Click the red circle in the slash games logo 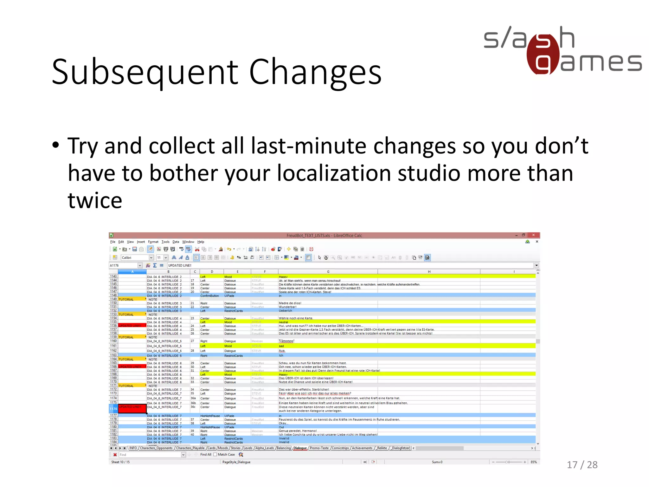[543, 55]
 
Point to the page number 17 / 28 [582, 465]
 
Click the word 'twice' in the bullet [95, 200]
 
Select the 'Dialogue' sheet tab [300, 448]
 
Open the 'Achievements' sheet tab [362, 448]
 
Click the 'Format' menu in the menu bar [153, 242]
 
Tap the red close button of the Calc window [534, 235]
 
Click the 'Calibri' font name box [135, 258]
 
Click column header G [328, 272]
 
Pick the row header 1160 [113, 341]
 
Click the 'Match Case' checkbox [215, 455]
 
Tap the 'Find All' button [205, 455]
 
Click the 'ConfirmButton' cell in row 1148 [209, 296]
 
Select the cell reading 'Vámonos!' [286, 341]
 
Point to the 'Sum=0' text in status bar [437, 462]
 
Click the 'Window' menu [188, 242]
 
